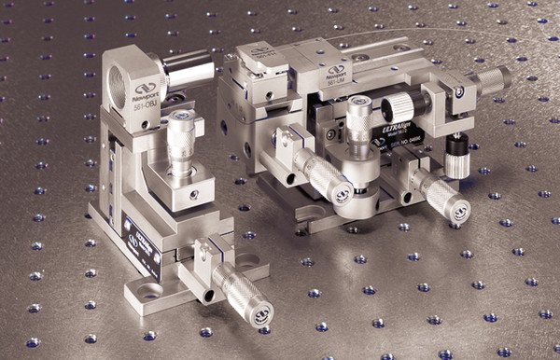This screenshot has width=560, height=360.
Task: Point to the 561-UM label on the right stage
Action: click(x=336, y=83)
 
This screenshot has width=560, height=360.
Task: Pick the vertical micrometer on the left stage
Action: click(x=180, y=140)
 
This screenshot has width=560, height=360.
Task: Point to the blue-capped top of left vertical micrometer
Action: click(x=180, y=118)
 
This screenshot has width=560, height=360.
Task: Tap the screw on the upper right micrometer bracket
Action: click(x=460, y=91)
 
